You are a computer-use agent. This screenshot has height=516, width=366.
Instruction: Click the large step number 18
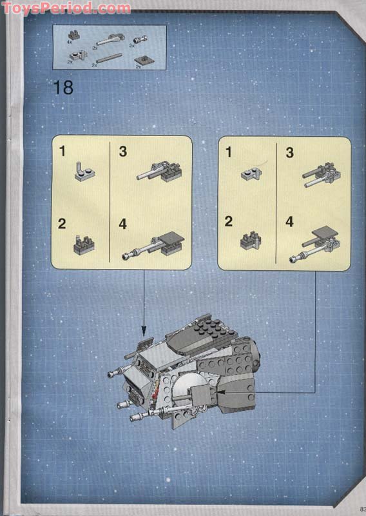point(63,87)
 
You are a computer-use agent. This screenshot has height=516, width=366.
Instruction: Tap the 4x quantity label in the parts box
point(69,42)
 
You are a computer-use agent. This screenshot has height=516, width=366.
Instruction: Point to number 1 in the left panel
point(63,152)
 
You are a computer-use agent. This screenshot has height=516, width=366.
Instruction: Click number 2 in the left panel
point(63,224)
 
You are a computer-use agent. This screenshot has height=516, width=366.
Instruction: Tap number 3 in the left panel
point(122,152)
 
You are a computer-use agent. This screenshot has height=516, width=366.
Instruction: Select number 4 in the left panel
point(122,224)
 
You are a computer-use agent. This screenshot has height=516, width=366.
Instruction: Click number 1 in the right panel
point(228,152)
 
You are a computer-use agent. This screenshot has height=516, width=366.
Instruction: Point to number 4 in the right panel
point(289,222)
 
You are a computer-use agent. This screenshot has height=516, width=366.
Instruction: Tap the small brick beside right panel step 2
point(250,241)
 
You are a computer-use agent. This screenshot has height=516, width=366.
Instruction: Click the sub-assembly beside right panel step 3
point(321,173)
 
